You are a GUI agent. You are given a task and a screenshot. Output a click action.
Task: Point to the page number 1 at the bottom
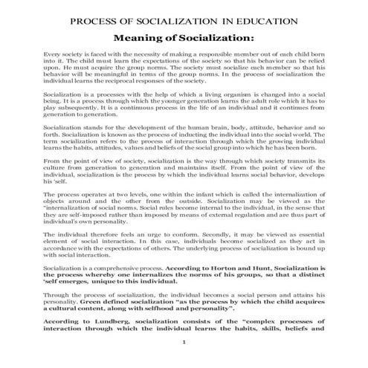click(184, 343)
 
